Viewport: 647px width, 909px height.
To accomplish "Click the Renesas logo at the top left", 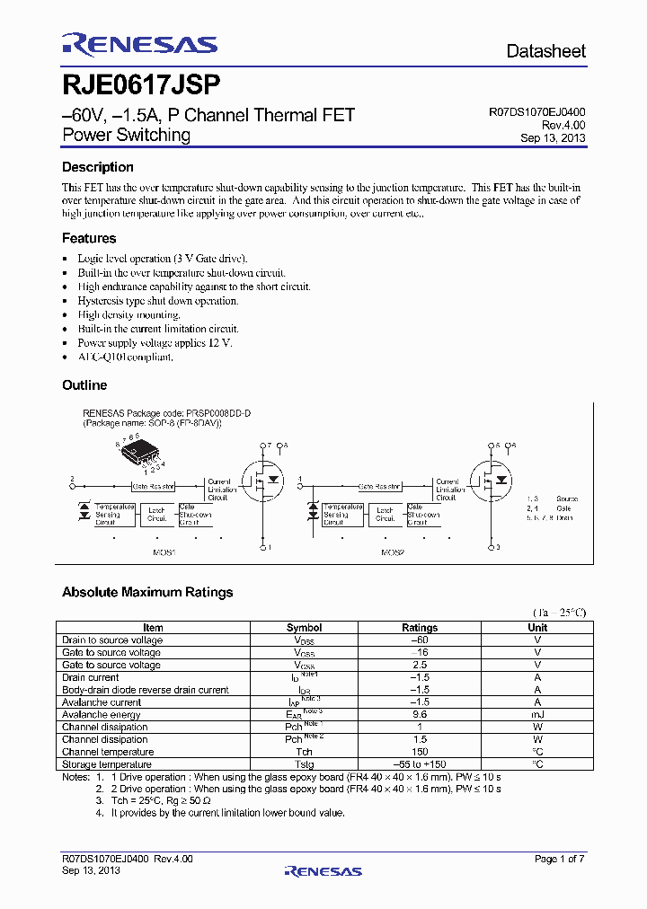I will tap(139, 45).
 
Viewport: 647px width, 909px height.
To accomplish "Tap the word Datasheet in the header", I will tap(545, 51).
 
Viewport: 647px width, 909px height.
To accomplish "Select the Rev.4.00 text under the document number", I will tap(563, 126).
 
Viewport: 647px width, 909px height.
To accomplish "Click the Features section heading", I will tap(89, 238).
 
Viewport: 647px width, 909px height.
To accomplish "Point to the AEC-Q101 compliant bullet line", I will tap(125, 357).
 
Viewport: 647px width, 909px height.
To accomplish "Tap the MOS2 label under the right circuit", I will tap(393, 553).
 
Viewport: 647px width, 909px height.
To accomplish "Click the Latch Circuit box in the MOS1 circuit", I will tap(157, 514).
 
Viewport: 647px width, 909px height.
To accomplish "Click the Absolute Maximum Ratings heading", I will tap(147, 592).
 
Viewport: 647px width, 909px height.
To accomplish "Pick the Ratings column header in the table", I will tap(420, 628).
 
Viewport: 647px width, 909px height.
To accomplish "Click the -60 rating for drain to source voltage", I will tap(420, 640).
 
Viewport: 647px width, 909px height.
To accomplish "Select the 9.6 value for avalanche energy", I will tap(420, 715).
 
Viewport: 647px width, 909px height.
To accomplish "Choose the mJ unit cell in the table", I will tap(537, 715).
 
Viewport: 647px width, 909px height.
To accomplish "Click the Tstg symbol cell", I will tap(305, 764).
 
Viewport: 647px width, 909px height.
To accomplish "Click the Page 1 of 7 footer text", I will tap(559, 860).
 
